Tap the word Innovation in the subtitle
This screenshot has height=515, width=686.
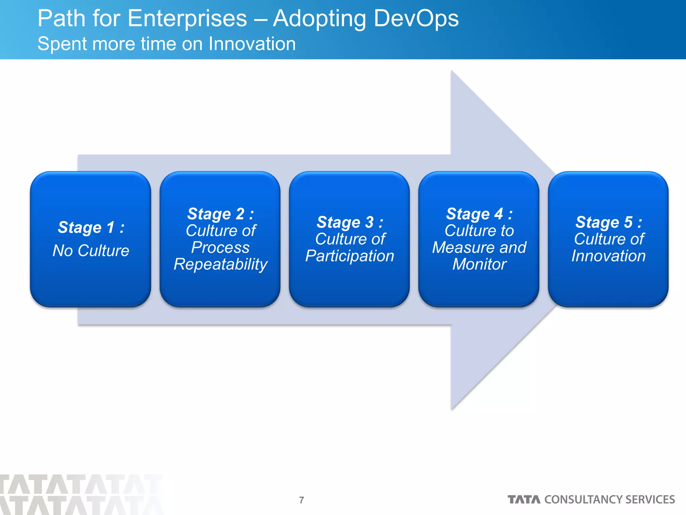point(252,44)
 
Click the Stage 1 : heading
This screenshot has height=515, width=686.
point(91,227)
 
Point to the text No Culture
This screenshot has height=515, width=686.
point(91,250)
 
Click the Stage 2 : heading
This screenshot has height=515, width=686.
point(220,214)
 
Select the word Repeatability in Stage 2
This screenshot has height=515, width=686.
point(220,264)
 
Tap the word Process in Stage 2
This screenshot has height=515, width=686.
point(220,247)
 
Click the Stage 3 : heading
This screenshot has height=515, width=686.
point(350,222)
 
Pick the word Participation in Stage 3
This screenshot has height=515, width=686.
point(350,256)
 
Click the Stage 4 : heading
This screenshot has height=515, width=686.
point(479,214)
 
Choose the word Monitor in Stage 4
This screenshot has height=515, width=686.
point(479,264)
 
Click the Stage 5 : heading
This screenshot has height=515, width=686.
point(609,222)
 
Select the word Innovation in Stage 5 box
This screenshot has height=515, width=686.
point(609,256)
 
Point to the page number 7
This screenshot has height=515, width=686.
point(301,500)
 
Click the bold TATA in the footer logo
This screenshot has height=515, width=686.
point(524,500)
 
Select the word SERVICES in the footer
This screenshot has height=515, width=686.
point(650,500)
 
